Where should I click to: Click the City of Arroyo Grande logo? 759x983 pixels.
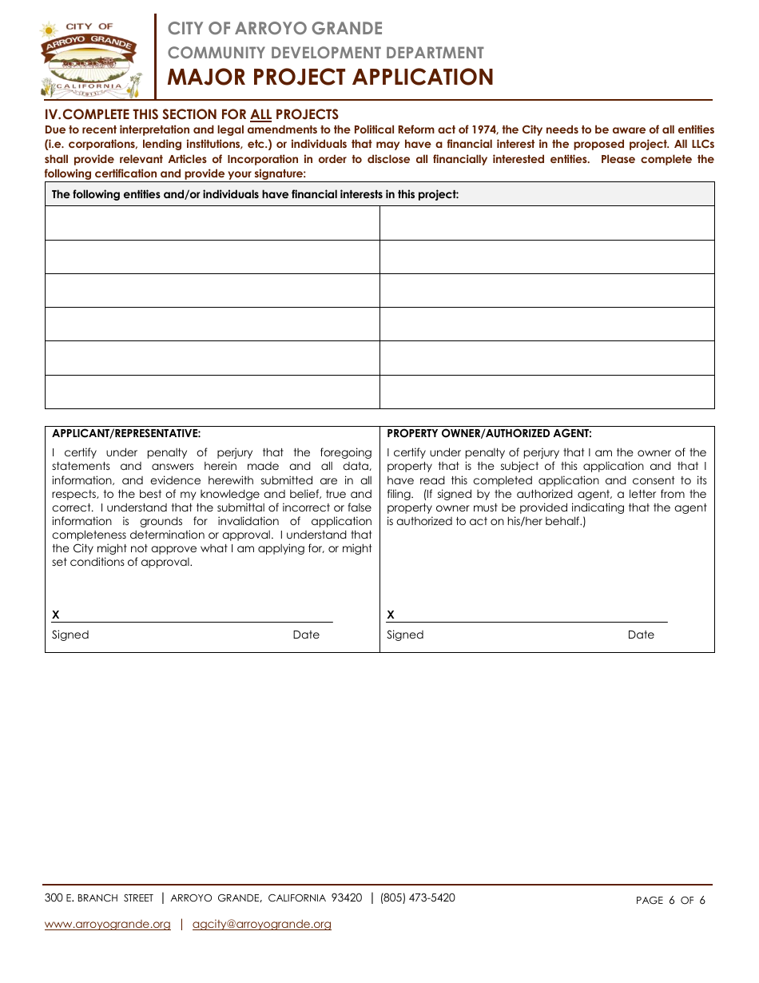tap(90, 58)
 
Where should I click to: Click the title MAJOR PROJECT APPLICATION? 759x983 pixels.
tap(330, 78)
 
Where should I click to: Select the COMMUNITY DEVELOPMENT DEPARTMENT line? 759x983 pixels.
tap(325, 53)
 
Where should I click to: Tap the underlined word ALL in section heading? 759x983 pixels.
tap(261, 114)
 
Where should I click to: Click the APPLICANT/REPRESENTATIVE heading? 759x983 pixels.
tap(126, 433)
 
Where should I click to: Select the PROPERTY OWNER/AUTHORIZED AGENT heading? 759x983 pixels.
tap(489, 433)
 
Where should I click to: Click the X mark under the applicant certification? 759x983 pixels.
tap(56, 615)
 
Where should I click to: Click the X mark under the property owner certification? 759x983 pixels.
tap(391, 615)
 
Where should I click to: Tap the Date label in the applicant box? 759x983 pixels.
tap(306, 635)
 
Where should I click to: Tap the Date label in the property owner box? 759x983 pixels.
tap(641, 635)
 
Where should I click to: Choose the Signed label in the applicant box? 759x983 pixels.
tap(70, 635)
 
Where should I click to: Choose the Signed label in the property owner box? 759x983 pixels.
tap(405, 635)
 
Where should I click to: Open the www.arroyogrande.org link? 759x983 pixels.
tap(108, 924)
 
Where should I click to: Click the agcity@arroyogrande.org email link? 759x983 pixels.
tap(262, 924)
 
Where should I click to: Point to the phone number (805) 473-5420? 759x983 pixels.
tap(417, 897)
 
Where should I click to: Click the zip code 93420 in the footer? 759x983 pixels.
tap(347, 897)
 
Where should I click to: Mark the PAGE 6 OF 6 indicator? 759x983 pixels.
tap(670, 900)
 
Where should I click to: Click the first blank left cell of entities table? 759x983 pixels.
tap(212, 223)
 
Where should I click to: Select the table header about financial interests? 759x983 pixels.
tap(255, 194)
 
